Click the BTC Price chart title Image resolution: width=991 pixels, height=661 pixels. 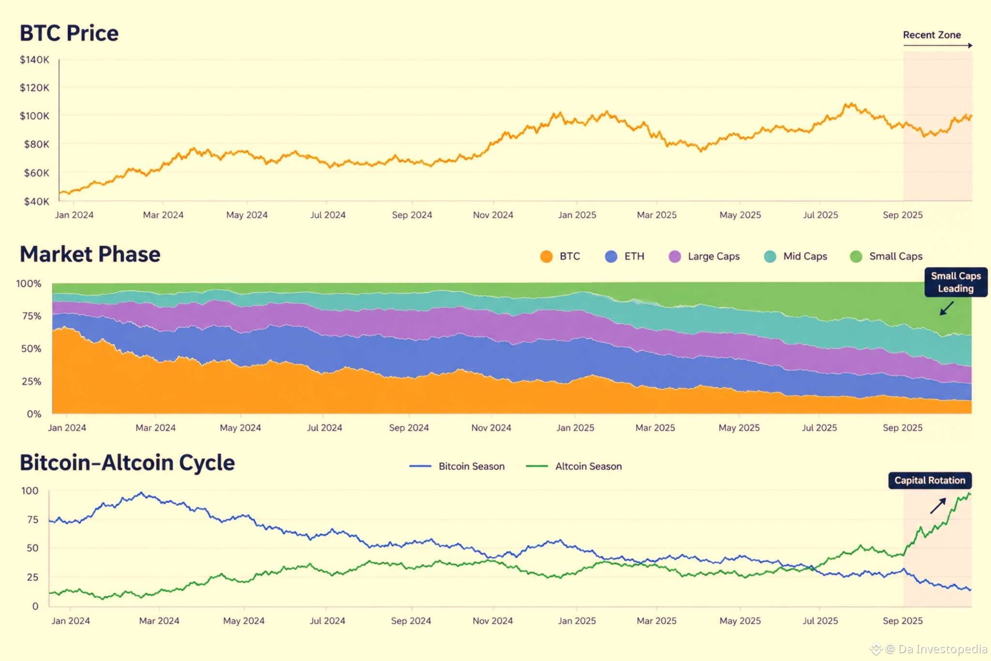pyautogui.click(x=69, y=33)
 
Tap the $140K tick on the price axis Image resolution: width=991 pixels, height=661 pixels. pyautogui.click(x=34, y=60)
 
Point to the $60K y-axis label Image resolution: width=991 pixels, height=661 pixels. pyautogui.click(x=37, y=173)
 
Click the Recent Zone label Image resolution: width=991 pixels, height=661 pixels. pyautogui.click(x=932, y=35)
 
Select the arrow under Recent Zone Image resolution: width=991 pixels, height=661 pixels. pyautogui.click(x=938, y=45)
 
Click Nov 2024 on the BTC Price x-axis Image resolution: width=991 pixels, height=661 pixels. pyautogui.click(x=493, y=215)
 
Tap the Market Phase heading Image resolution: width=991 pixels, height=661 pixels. pyautogui.click(x=90, y=254)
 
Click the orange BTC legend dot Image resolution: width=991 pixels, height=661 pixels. pyautogui.click(x=546, y=256)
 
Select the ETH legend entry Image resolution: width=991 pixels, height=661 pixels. pyautogui.click(x=625, y=256)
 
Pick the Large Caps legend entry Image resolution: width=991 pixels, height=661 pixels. pyautogui.click(x=704, y=256)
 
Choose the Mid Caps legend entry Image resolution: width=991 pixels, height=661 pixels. pyautogui.click(x=796, y=256)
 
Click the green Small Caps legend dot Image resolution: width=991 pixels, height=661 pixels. pyautogui.click(x=856, y=256)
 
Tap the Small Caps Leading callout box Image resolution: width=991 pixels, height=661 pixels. pyautogui.click(x=956, y=282)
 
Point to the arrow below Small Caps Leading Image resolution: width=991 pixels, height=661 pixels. pyautogui.click(x=946, y=308)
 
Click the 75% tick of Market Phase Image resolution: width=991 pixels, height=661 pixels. pyautogui.click(x=31, y=316)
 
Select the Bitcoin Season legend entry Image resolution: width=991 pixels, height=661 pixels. pyautogui.click(x=457, y=466)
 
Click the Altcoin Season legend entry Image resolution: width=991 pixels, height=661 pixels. pyautogui.click(x=574, y=466)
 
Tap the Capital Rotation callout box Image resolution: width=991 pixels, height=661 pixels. pyautogui.click(x=930, y=481)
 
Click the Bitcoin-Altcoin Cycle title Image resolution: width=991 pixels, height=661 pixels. pyautogui.click(x=127, y=463)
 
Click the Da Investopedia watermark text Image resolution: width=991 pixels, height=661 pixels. pyautogui.click(x=942, y=649)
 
